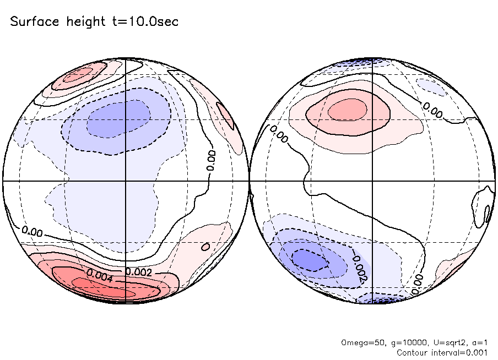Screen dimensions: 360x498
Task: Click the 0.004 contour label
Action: [100, 276]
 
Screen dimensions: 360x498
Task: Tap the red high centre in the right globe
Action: [348, 111]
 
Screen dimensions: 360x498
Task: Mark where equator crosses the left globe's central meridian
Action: [126, 181]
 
